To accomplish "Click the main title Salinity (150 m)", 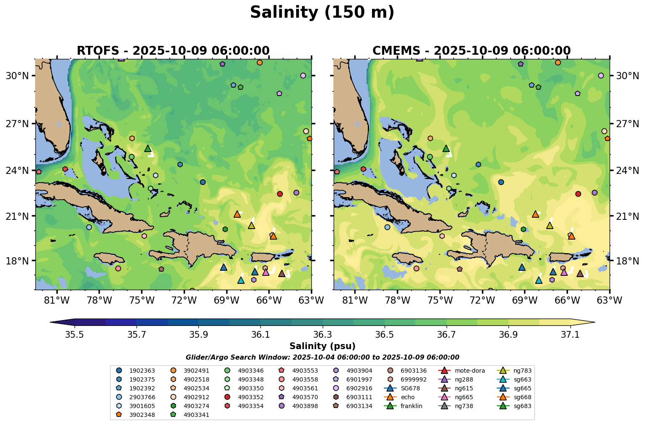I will pos(322,13).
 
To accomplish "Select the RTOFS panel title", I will pos(173,51).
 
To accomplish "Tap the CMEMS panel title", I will pos(471,51).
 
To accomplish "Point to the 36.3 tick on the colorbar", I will pos(322,334).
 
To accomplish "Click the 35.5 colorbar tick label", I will pos(75,334).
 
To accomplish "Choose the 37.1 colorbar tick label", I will pos(570,334).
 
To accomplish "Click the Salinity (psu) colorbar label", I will pos(322,346).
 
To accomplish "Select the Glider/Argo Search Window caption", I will pos(322,358).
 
